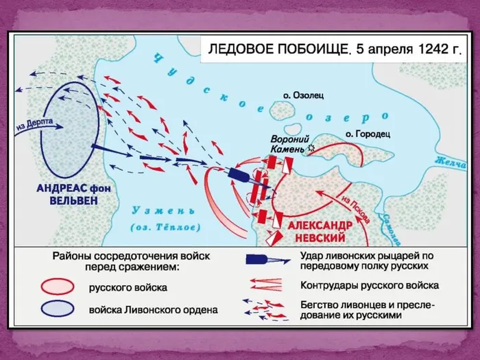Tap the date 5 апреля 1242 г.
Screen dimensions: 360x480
pyautogui.click(x=409, y=50)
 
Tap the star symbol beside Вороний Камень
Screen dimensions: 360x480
pyautogui.click(x=312, y=147)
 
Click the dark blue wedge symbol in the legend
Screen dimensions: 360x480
pyautogui.click(x=263, y=261)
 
